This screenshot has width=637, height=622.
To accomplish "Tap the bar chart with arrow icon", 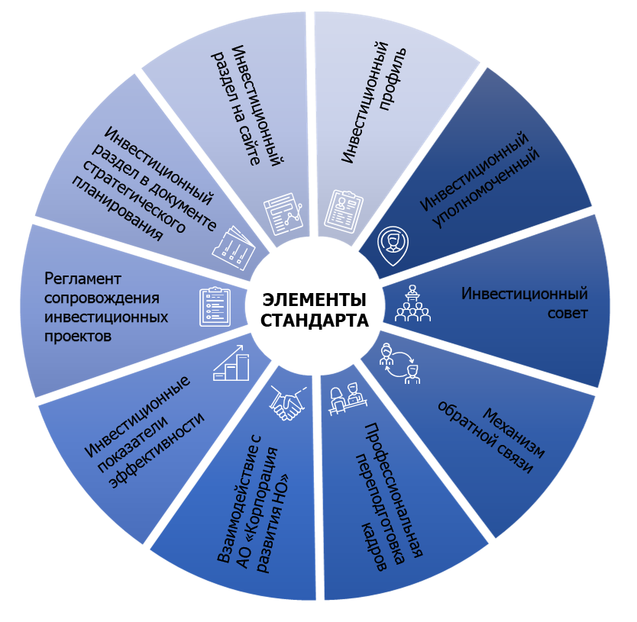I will click(231, 365).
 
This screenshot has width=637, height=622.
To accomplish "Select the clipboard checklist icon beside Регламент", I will click(214, 306).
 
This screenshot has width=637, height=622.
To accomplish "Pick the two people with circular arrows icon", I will click(400, 363).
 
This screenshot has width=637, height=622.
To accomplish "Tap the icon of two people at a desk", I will click(346, 400).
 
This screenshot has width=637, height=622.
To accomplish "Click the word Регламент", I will click(83, 279).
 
